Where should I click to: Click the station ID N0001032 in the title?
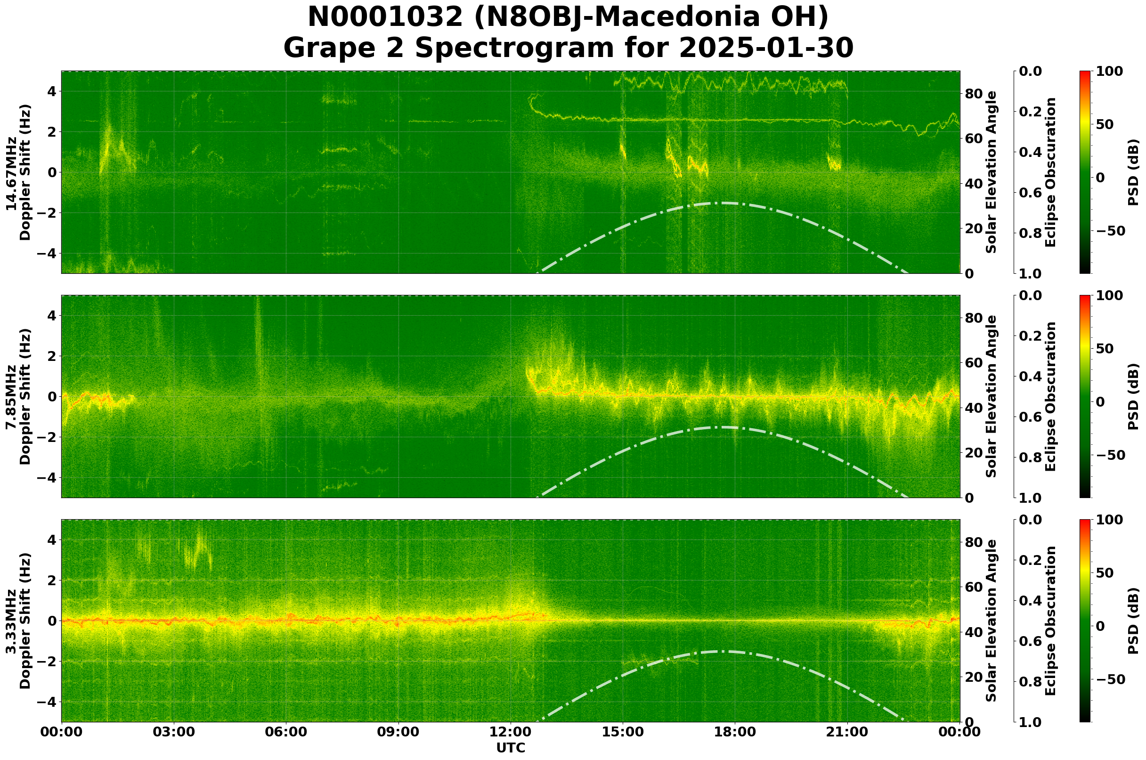click(385, 17)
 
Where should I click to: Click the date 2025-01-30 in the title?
click(766, 49)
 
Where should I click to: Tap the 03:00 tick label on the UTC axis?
click(174, 732)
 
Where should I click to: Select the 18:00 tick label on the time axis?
click(735, 732)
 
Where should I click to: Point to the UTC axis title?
click(511, 748)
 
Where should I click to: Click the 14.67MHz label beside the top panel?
click(11, 172)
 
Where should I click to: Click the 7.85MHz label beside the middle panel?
click(11, 396)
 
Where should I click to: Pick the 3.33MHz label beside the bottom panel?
click(11, 621)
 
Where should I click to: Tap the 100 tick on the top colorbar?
click(1109, 72)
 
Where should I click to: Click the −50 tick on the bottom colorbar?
click(1109, 679)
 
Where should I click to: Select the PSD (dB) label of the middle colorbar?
click(1133, 396)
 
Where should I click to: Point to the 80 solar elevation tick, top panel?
click(974, 94)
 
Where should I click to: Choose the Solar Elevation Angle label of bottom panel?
click(992, 621)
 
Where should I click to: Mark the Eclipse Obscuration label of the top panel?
click(1050, 172)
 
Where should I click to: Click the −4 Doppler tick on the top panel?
click(49, 253)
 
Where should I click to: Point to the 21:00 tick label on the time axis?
click(847, 732)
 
